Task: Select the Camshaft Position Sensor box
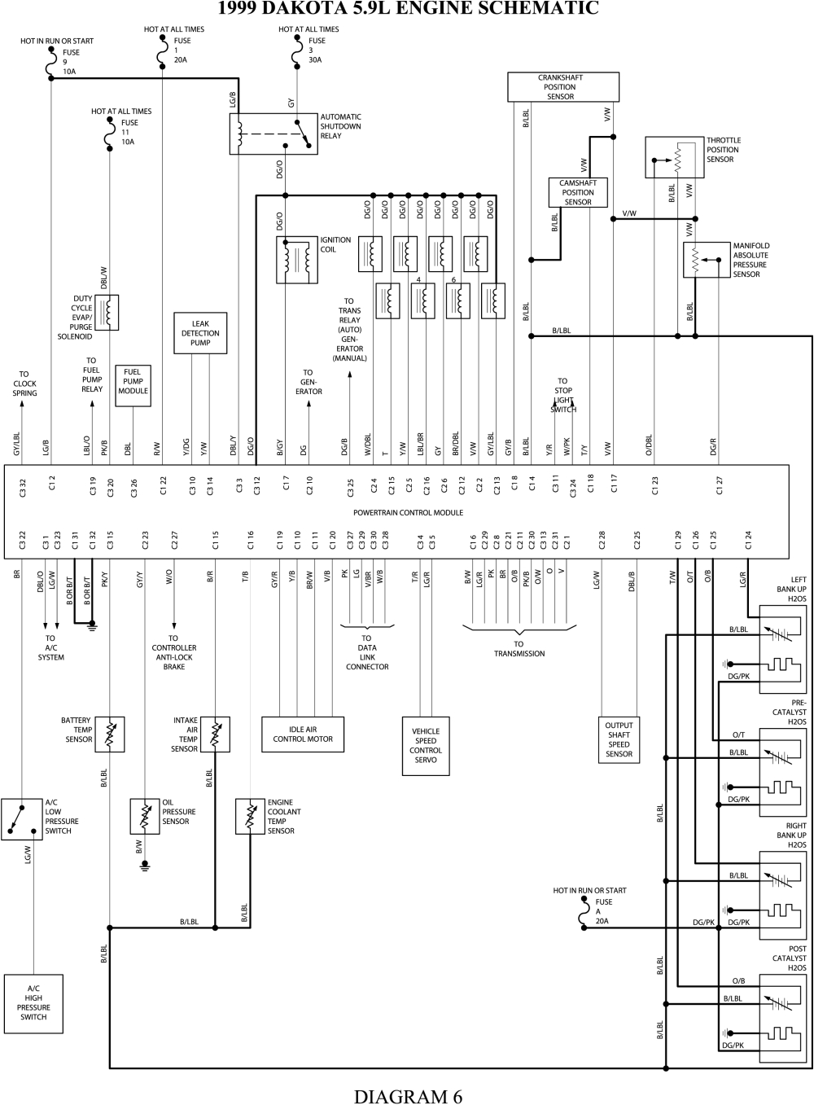point(577,192)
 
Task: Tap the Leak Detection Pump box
point(200,333)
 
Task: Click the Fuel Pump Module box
point(133,381)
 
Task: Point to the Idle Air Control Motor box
point(303,734)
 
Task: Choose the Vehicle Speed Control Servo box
point(426,746)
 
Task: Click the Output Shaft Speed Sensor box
point(619,739)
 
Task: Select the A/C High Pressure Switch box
point(33,1002)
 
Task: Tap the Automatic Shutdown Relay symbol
point(273,133)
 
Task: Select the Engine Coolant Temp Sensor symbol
point(249,816)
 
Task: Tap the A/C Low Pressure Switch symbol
point(21,818)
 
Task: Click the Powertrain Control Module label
point(408,513)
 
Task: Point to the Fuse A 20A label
point(602,912)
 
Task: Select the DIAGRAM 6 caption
point(408,1095)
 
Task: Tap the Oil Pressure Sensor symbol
point(145,816)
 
